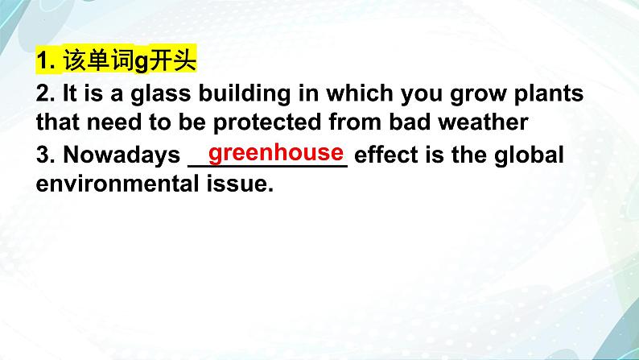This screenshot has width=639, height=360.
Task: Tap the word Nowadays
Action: click(122, 155)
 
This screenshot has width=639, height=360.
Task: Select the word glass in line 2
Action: click(161, 94)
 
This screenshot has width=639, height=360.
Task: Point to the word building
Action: click(245, 94)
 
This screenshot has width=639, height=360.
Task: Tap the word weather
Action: click(483, 122)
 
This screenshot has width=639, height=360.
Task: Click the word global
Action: click(529, 155)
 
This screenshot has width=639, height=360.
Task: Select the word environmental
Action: click(117, 184)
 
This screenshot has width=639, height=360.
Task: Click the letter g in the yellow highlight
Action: click(141, 63)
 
